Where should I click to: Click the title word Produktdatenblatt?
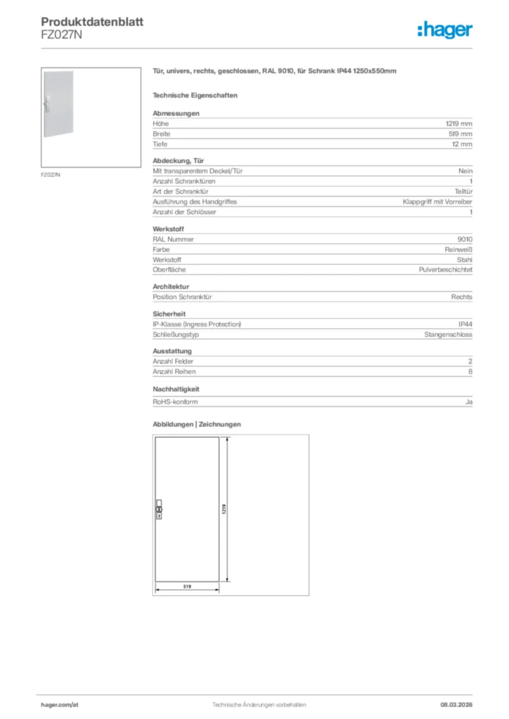tap(92, 22)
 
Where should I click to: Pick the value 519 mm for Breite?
tap(460, 133)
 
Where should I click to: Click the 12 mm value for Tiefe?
tap(462, 144)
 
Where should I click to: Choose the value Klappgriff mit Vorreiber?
tap(437, 202)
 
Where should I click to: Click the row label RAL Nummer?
tap(173, 239)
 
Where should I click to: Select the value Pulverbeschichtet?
tap(446, 270)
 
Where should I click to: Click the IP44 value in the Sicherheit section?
tap(465, 324)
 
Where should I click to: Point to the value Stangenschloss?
tap(449, 335)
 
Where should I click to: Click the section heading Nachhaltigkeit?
tap(176, 388)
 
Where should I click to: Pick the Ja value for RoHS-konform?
tap(468, 402)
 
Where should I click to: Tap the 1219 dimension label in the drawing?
tap(223, 510)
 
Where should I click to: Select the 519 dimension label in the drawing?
tap(188, 586)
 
